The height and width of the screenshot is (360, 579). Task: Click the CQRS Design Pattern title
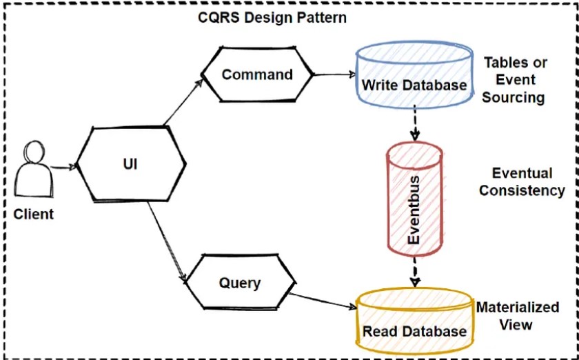point(272,17)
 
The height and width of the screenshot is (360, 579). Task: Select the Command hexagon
point(256,74)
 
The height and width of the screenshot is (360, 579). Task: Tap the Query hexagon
point(240,283)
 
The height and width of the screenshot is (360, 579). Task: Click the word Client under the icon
point(33,214)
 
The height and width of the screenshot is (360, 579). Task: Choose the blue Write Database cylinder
point(414,76)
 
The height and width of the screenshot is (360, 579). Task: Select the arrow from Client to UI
point(62,166)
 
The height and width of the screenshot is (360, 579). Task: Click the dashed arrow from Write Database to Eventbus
point(414,123)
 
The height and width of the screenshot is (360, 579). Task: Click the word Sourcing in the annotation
point(513,97)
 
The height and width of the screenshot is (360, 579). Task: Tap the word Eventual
point(522,172)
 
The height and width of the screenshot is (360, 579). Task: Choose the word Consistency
point(522,190)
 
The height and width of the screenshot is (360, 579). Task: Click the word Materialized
point(518,307)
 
